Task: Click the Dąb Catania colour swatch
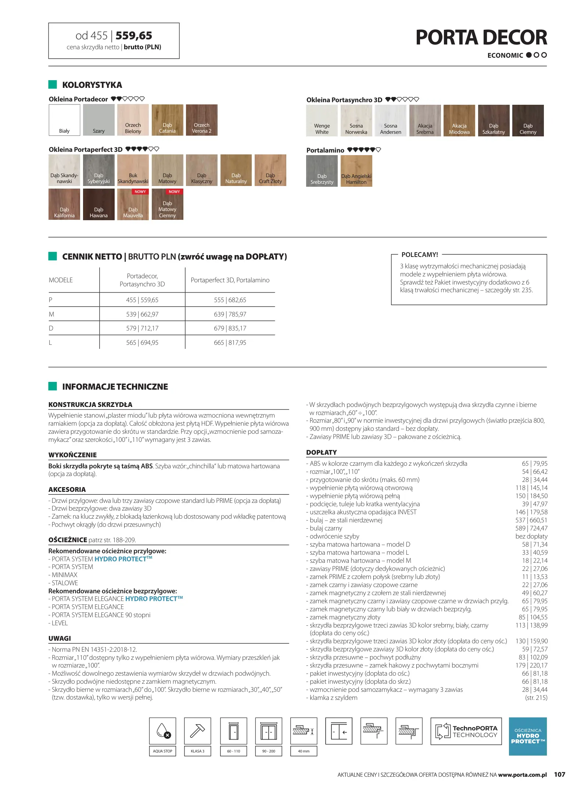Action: click(167, 120)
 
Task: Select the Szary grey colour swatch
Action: click(98, 120)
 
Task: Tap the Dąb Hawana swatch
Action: click(98, 204)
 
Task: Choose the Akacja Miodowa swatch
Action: click(459, 121)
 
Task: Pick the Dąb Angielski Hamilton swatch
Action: click(356, 171)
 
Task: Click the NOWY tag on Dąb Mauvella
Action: click(140, 192)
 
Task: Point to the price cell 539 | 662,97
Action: click(142, 314)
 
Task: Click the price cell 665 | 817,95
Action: click(230, 343)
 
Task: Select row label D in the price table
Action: click(51, 328)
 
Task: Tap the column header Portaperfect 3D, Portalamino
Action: click(230, 280)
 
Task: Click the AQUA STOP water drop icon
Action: click(162, 731)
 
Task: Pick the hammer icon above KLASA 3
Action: click(197, 731)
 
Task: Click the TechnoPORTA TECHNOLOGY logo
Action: click(466, 731)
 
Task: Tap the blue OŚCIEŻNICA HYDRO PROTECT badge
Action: click(528, 736)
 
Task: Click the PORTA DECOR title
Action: click(481, 37)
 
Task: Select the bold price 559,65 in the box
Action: click(134, 36)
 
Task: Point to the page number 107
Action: click(559, 775)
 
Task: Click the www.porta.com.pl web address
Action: click(522, 775)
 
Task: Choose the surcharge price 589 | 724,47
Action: click(531, 528)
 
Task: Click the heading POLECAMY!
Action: click(420, 255)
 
